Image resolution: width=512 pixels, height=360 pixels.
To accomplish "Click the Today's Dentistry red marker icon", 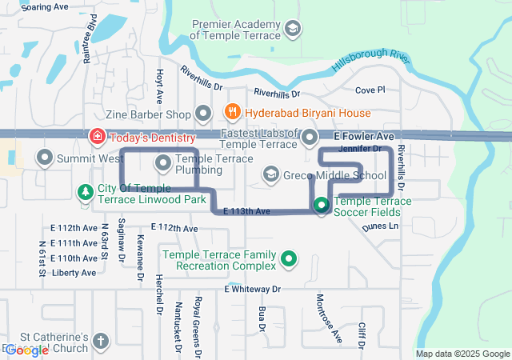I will pyautogui.click(x=97, y=137).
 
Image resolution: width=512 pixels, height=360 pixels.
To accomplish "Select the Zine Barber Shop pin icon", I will pyautogui.click(x=203, y=113).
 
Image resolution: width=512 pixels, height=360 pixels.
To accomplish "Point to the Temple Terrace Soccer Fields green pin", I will pyautogui.click(x=322, y=205).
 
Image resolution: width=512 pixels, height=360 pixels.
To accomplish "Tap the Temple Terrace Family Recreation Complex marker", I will pyautogui.click(x=289, y=258).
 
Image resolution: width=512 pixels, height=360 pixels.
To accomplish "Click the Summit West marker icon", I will pyautogui.click(x=44, y=158).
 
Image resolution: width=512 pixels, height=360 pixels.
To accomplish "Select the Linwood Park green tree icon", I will pyautogui.click(x=85, y=192).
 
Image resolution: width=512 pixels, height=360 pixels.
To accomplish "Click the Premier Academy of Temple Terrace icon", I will pyautogui.click(x=293, y=30).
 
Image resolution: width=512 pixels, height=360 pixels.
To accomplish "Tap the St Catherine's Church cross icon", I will pyautogui.click(x=100, y=341).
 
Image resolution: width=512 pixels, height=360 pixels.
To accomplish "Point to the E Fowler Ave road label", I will pyautogui.click(x=364, y=137).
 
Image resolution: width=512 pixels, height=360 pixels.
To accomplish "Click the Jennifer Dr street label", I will pyautogui.click(x=359, y=149).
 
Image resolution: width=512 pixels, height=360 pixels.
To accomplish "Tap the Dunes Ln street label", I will pyautogui.click(x=380, y=226).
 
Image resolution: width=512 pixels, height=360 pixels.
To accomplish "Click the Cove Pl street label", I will pyautogui.click(x=370, y=90).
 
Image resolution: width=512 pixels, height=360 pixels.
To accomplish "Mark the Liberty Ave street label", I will pyautogui.click(x=74, y=273).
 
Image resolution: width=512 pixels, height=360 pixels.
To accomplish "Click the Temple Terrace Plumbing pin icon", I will pyautogui.click(x=164, y=164).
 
